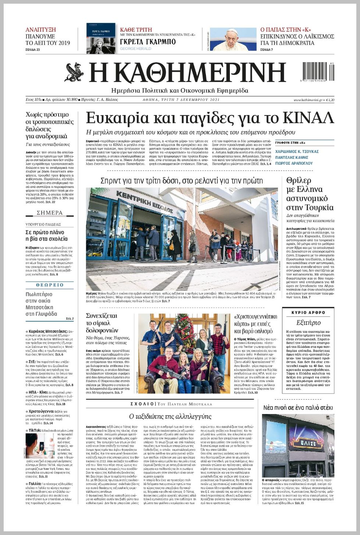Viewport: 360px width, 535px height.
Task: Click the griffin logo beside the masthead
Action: (74, 72)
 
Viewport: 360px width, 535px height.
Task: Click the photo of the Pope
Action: (233, 39)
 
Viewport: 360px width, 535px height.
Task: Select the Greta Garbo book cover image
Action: (101, 38)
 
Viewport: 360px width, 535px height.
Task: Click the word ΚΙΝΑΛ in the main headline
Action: (308, 118)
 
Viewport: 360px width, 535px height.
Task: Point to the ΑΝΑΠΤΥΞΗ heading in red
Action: (40, 30)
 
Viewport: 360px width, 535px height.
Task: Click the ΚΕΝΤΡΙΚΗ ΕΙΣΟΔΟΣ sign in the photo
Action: (144, 201)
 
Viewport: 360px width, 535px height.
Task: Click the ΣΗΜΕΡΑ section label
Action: (50, 213)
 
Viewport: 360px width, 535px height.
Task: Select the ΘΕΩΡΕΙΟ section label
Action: (50, 285)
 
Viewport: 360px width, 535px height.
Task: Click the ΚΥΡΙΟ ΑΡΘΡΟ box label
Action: (308, 313)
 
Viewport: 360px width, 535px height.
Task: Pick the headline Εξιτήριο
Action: (308, 322)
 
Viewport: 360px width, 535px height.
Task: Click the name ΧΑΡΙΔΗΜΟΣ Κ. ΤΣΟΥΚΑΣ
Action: (297, 151)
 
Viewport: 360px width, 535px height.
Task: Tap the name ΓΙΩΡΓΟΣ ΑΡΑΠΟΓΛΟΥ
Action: (294, 163)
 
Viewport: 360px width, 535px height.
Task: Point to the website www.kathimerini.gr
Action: (308, 100)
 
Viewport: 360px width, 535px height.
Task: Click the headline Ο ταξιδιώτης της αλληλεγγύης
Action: (170, 416)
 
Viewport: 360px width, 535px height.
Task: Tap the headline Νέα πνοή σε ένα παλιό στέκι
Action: (298, 407)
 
